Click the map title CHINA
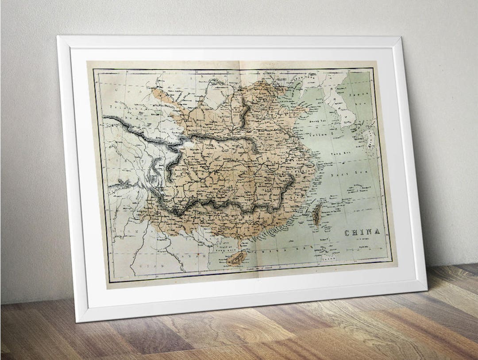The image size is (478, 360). tap(362, 232)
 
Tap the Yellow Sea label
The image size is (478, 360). tap(320, 134)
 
